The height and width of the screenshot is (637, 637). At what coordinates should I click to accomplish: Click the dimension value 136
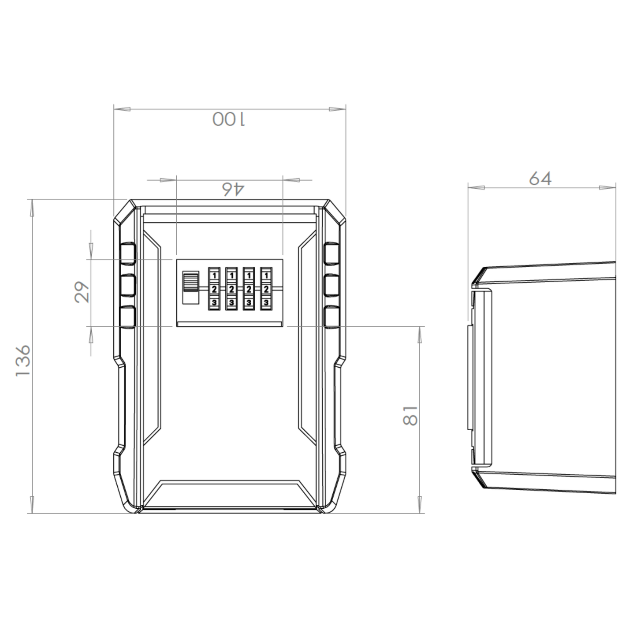click(22, 361)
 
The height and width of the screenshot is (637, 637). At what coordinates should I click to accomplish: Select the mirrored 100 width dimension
click(229, 119)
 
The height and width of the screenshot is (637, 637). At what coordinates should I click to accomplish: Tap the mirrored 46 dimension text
click(232, 189)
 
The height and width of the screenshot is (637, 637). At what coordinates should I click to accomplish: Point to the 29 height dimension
click(82, 292)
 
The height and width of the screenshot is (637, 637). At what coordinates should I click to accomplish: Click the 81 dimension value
click(410, 415)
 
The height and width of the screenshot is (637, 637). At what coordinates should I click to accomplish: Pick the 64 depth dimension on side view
click(540, 179)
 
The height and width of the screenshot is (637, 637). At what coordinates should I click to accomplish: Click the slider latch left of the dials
click(190, 287)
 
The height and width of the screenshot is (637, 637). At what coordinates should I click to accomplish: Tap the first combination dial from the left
click(214, 289)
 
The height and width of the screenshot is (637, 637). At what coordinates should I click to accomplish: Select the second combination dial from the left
click(231, 289)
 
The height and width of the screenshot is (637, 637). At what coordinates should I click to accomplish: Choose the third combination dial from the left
click(249, 289)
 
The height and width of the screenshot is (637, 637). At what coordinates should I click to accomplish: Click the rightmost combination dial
click(266, 289)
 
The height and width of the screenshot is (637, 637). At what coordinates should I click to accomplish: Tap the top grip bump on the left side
click(127, 253)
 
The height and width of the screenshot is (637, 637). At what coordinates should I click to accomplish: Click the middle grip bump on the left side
click(127, 285)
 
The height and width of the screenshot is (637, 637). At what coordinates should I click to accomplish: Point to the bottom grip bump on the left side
click(127, 317)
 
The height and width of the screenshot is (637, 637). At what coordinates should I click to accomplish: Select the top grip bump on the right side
click(332, 253)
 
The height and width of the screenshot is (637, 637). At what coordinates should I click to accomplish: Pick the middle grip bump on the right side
click(332, 285)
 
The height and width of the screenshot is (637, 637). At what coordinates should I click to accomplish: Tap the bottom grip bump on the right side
click(332, 317)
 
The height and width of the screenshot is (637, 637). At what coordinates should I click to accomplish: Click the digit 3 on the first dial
click(214, 302)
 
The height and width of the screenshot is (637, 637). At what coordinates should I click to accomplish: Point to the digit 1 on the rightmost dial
click(266, 276)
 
